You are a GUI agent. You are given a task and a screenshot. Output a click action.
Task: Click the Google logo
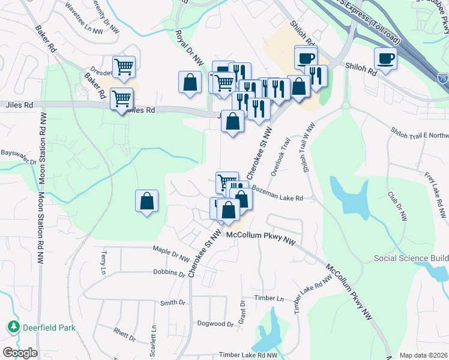[19, 353]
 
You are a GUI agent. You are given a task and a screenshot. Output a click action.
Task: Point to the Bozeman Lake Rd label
[277, 193]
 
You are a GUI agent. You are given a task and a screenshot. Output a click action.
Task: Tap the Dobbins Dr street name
[169, 273]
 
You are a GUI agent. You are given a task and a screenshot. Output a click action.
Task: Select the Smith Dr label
[172, 302]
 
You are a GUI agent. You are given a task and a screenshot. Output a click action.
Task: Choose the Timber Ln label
[268, 298]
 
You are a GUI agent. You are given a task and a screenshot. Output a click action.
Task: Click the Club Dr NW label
[395, 203]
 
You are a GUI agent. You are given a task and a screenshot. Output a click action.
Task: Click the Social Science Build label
[411, 259]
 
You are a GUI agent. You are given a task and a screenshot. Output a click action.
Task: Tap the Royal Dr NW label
[190, 44]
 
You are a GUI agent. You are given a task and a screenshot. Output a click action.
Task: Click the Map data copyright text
[423, 355]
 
